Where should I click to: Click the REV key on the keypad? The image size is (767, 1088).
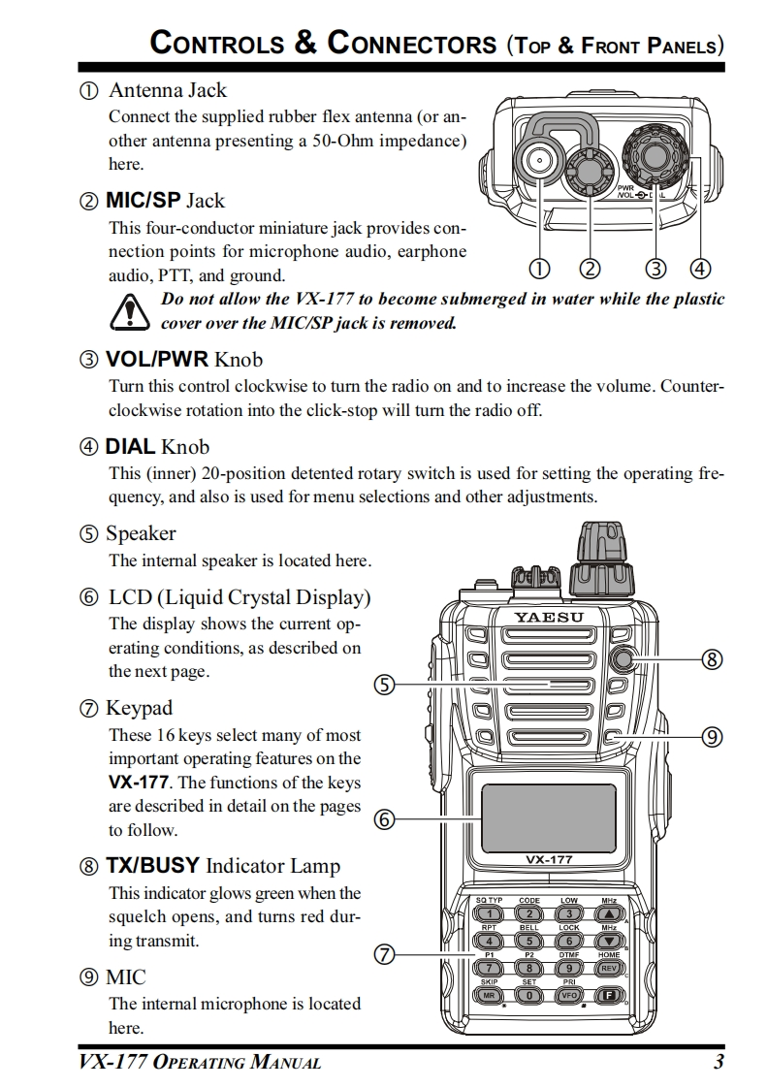[x=609, y=968]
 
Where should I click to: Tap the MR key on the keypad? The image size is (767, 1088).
[x=490, y=995]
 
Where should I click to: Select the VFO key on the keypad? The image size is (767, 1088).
[x=569, y=995]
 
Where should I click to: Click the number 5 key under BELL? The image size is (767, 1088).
[x=529, y=941]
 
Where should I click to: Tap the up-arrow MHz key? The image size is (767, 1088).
[x=609, y=913]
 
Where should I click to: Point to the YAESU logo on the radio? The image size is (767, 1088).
[x=548, y=618]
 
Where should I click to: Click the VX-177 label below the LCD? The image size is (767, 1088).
[x=549, y=859]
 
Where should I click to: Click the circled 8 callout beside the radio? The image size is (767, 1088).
[x=712, y=659]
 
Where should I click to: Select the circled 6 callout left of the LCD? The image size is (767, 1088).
[x=384, y=819]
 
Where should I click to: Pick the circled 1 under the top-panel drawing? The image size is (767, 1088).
[x=539, y=268]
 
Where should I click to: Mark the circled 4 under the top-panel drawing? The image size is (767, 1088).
[x=699, y=268]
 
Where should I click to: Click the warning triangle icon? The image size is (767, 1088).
[x=127, y=311]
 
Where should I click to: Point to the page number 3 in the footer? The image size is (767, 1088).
[x=719, y=1062]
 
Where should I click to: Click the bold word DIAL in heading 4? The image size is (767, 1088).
[x=130, y=447]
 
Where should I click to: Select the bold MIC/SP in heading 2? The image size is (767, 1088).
[x=143, y=201]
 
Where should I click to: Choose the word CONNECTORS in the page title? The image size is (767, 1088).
[x=412, y=44]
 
